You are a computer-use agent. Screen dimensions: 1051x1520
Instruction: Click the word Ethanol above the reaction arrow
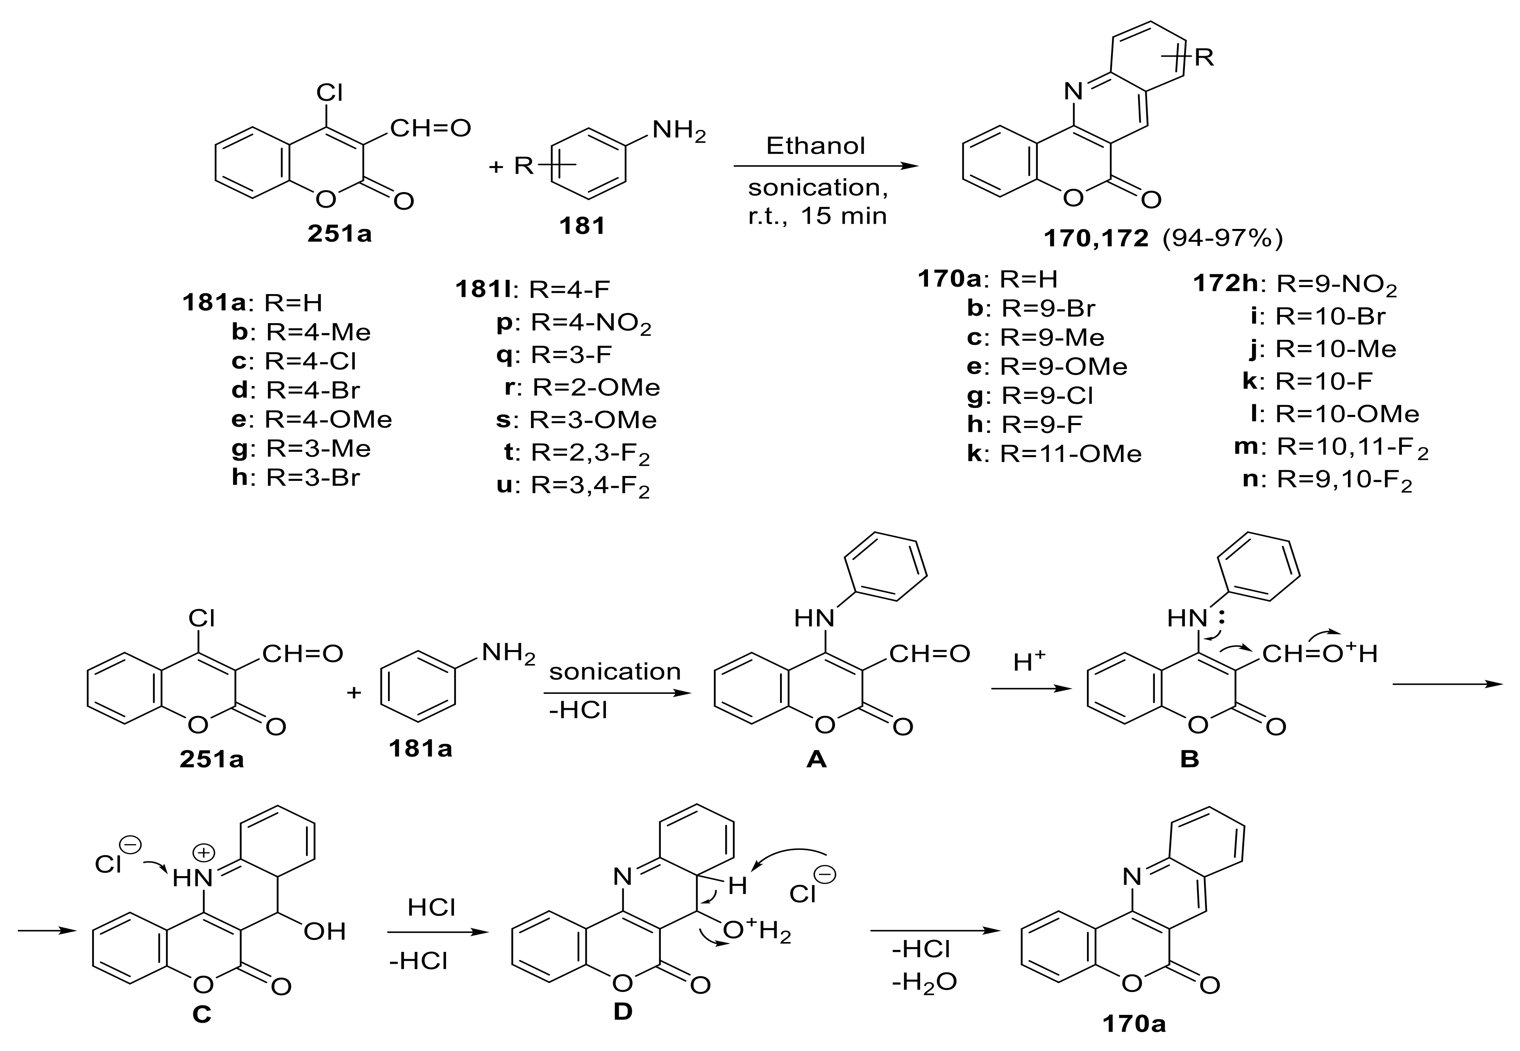815,145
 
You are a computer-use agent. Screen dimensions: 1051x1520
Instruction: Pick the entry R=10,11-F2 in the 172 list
1352,448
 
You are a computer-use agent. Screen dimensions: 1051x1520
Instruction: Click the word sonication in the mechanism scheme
615,672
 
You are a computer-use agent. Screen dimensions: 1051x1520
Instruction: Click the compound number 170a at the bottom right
1134,1024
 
